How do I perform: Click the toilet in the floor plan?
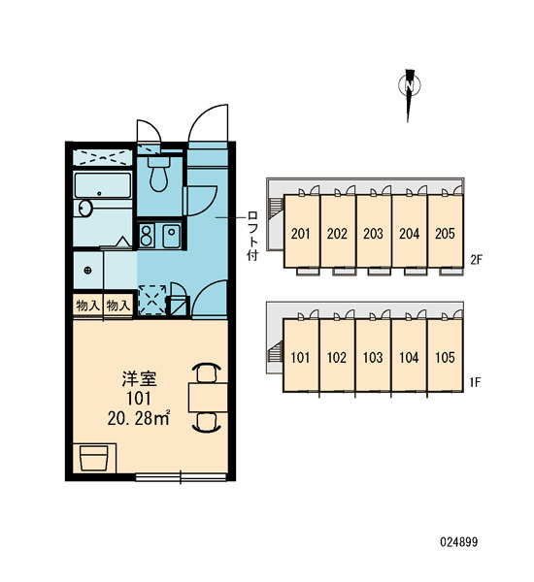[159, 173]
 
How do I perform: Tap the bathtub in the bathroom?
[103, 185]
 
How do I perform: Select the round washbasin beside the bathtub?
[85, 209]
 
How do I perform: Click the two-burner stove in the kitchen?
[147, 236]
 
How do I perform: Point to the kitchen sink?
[171, 236]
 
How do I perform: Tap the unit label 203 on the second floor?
[373, 234]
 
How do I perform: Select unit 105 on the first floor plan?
[445, 357]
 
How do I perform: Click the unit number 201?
[301, 234]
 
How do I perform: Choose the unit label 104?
[409, 357]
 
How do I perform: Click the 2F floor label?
[476, 259]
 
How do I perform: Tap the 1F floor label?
[476, 382]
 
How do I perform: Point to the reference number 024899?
[459, 542]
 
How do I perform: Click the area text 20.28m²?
[139, 418]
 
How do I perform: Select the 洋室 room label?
[140, 378]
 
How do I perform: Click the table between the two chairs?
[208, 398]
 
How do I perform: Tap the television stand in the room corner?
[94, 458]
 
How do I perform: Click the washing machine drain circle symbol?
[87, 271]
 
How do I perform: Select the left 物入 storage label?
[87, 306]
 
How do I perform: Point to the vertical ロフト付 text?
[252, 236]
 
